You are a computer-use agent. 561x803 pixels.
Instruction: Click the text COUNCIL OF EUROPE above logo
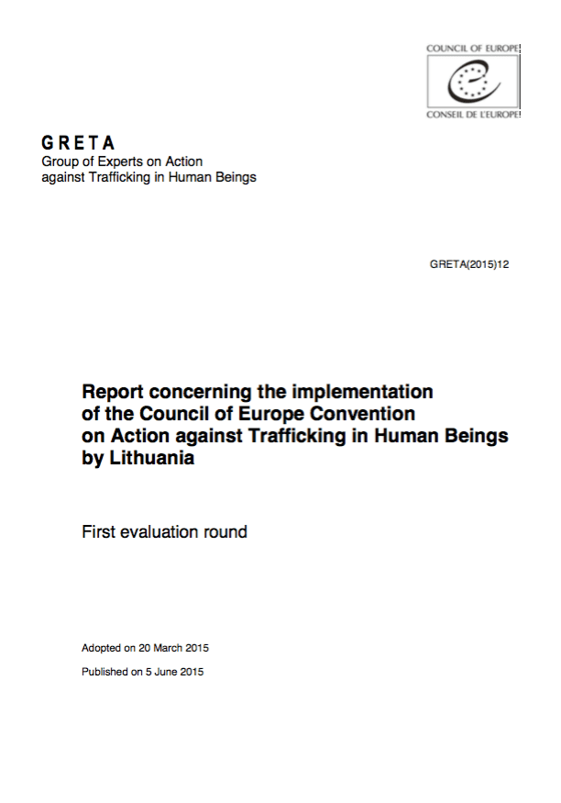[473, 47]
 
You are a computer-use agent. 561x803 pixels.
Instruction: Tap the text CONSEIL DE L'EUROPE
[473, 115]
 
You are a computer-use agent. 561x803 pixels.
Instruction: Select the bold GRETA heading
[79, 143]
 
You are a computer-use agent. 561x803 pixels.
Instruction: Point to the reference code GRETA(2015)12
[468, 264]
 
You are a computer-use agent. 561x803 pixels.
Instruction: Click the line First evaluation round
[164, 531]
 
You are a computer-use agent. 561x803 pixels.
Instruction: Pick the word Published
[105, 671]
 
